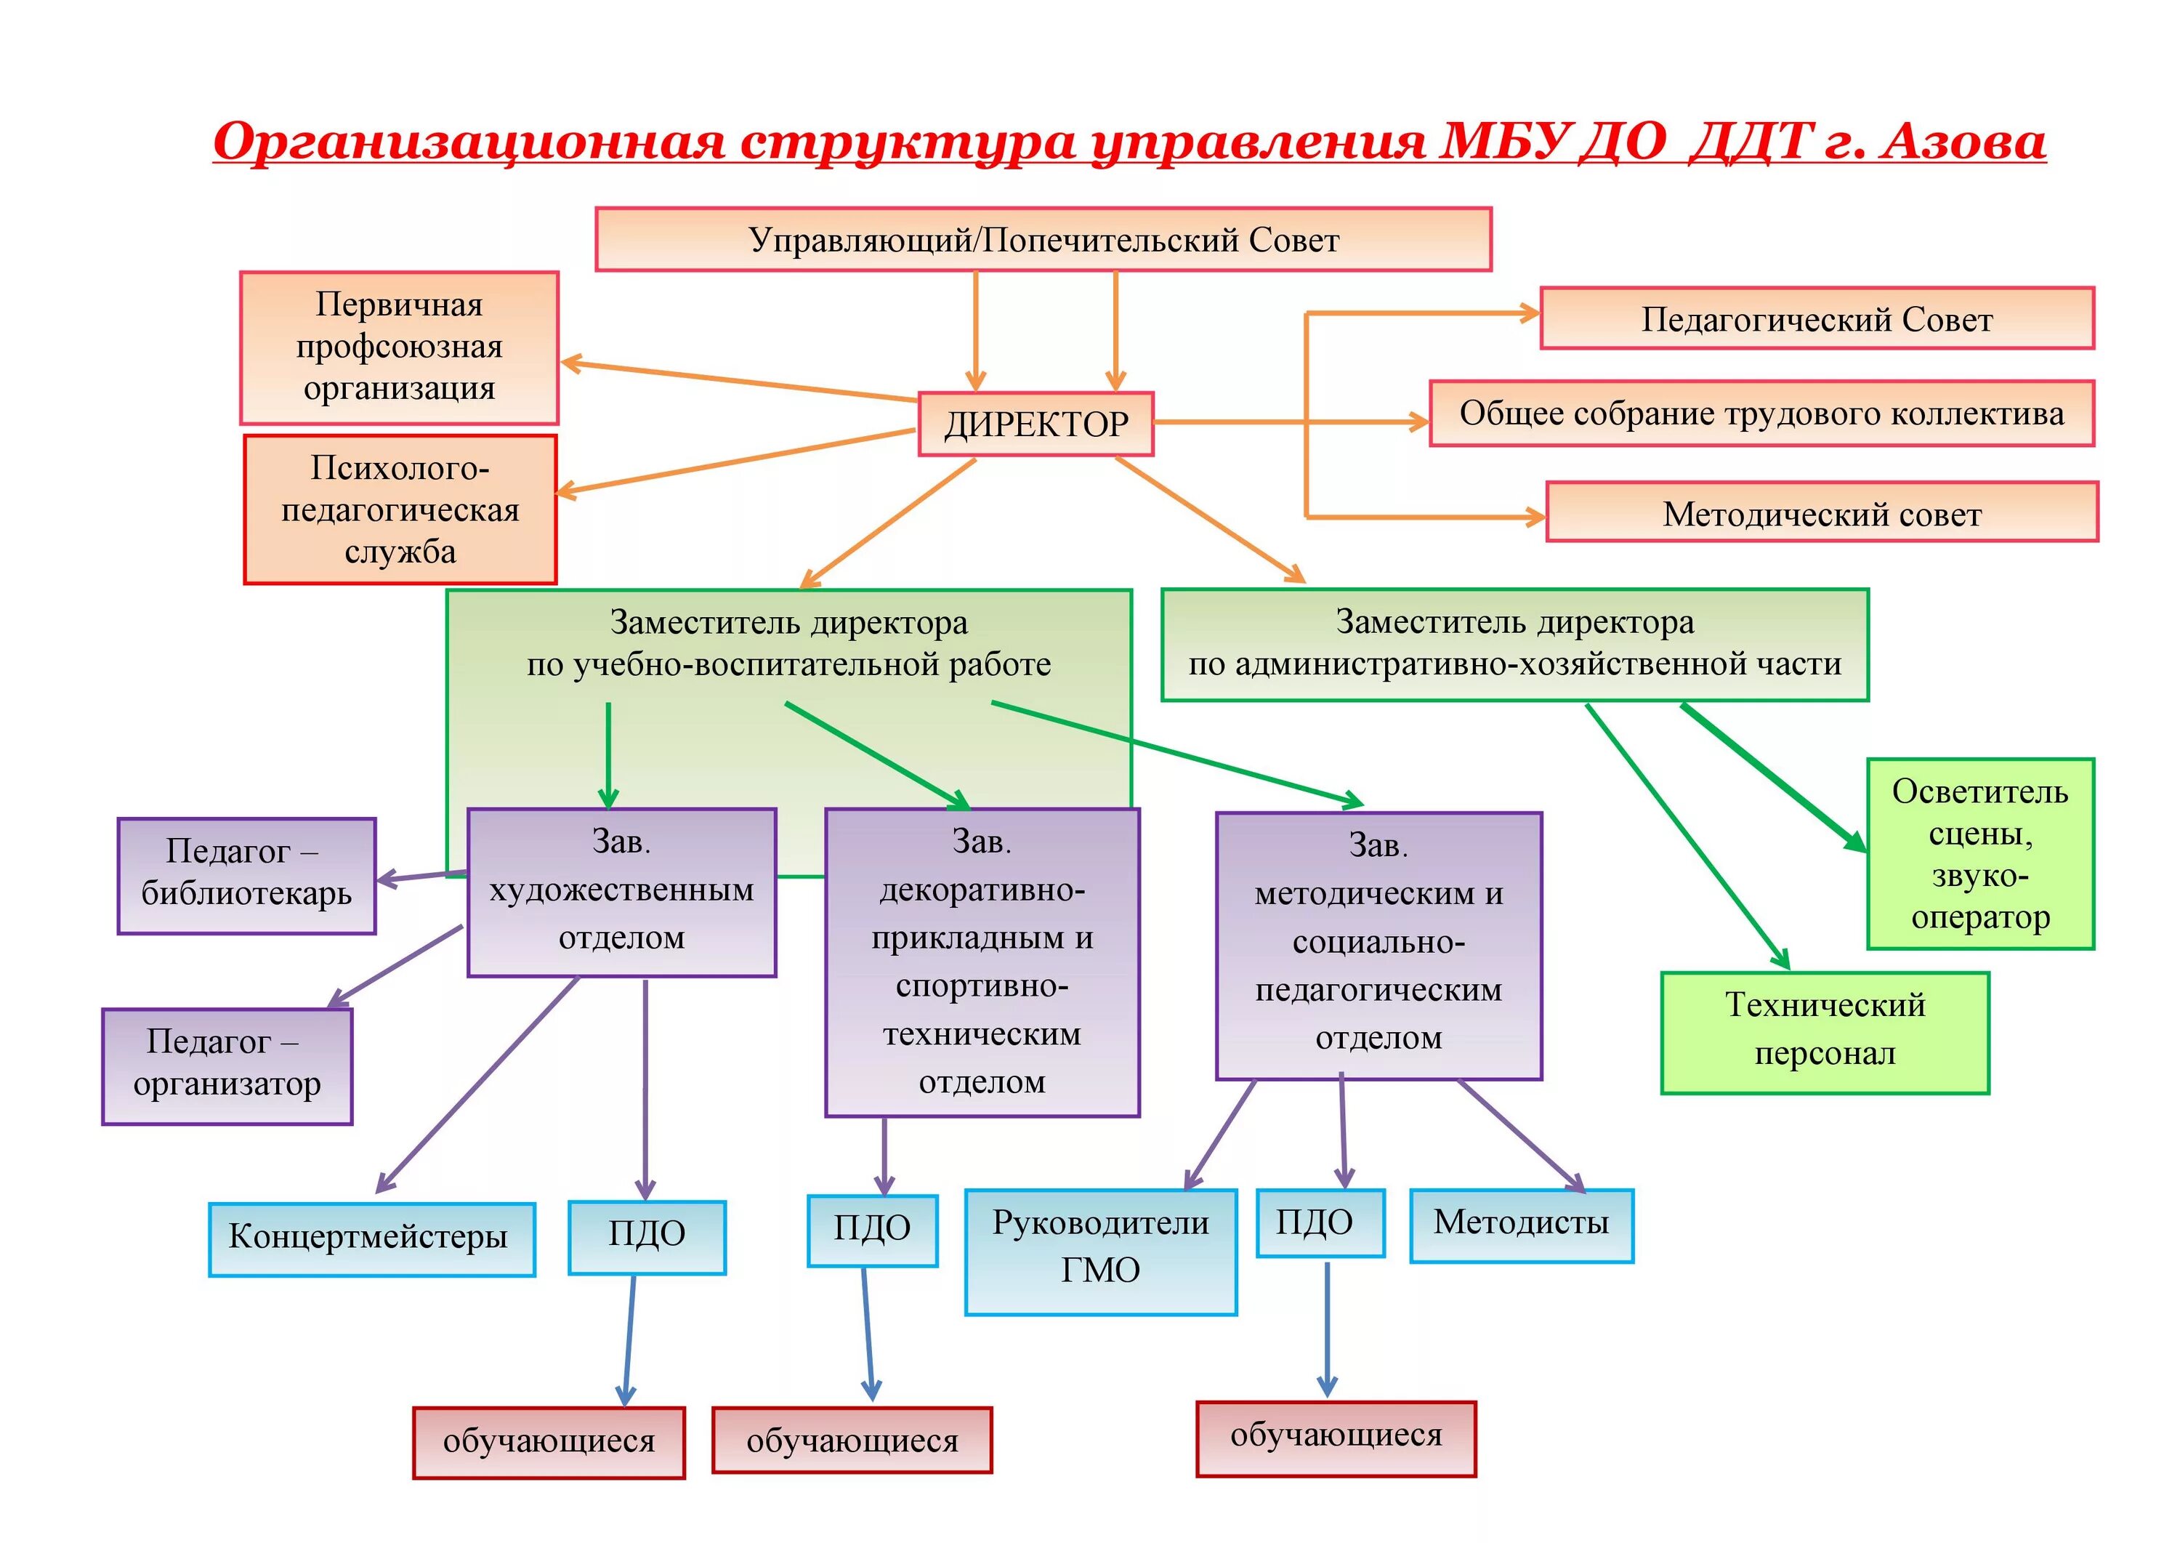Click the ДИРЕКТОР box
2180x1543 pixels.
coord(1035,424)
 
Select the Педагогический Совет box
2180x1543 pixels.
coord(1816,319)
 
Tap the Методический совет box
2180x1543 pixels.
coord(1821,513)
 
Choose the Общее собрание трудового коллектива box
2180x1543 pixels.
coord(1761,414)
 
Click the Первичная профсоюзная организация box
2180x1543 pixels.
coord(399,347)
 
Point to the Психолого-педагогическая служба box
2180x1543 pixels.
coord(400,510)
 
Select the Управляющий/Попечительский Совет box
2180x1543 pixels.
coord(1043,239)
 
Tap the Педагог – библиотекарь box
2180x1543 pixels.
coord(246,875)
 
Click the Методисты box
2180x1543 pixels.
coord(1521,1225)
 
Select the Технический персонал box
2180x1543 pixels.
coord(1824,1032)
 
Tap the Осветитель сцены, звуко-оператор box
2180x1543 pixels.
coord(1979,853)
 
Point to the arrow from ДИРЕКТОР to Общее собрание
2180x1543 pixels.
coord(1292,421)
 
